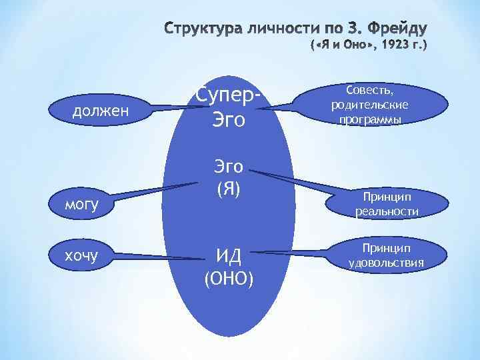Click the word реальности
(387, 211)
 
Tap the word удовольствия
(387, 262)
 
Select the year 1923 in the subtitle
(394, 46)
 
